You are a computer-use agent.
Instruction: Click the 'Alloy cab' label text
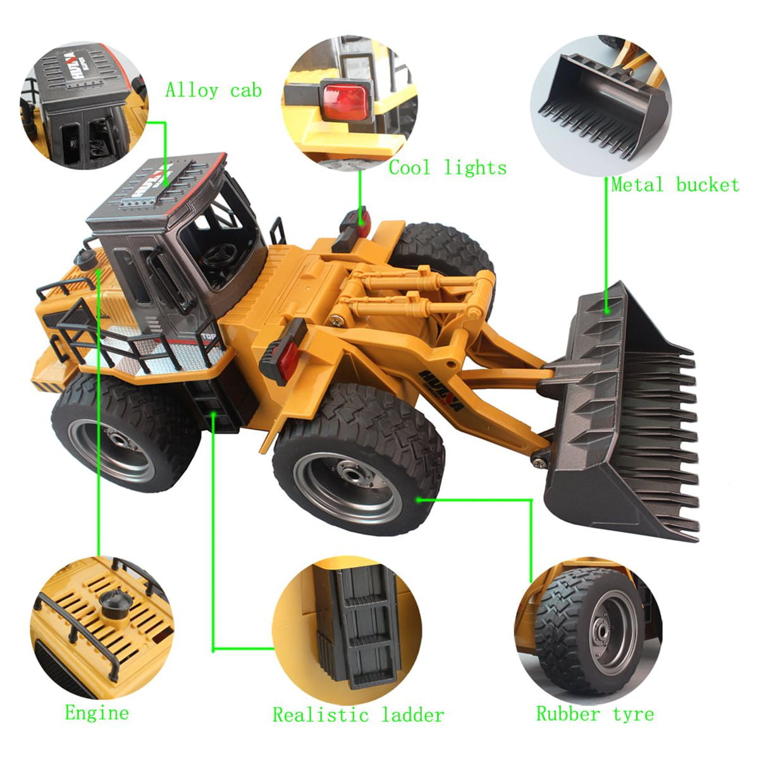point(213,90)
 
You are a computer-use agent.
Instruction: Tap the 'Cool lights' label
point(447,168)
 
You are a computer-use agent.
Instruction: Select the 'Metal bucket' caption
point(674,185)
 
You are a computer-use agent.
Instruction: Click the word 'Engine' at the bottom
point(97,713)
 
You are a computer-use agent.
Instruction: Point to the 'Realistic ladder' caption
point(358,715)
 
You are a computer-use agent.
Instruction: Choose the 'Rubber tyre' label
point(595,714)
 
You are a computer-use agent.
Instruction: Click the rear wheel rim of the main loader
point(120,449)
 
